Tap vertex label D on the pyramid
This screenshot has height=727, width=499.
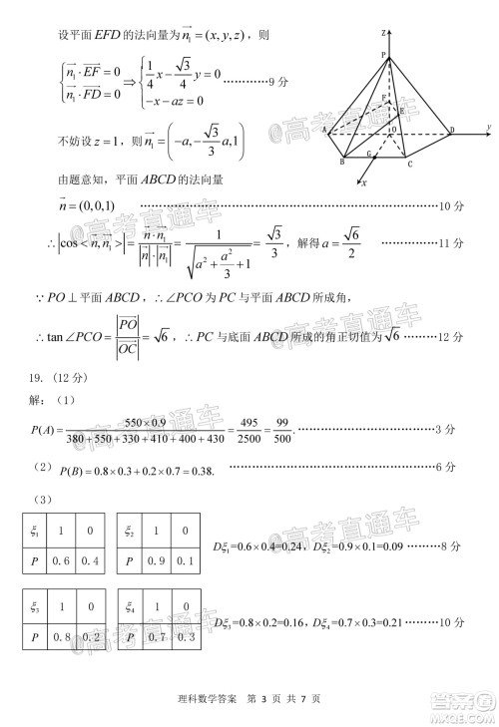451,130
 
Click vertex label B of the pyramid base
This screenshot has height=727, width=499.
343,162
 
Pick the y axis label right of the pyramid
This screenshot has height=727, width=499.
487,126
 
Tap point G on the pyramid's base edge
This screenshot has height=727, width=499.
369,155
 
